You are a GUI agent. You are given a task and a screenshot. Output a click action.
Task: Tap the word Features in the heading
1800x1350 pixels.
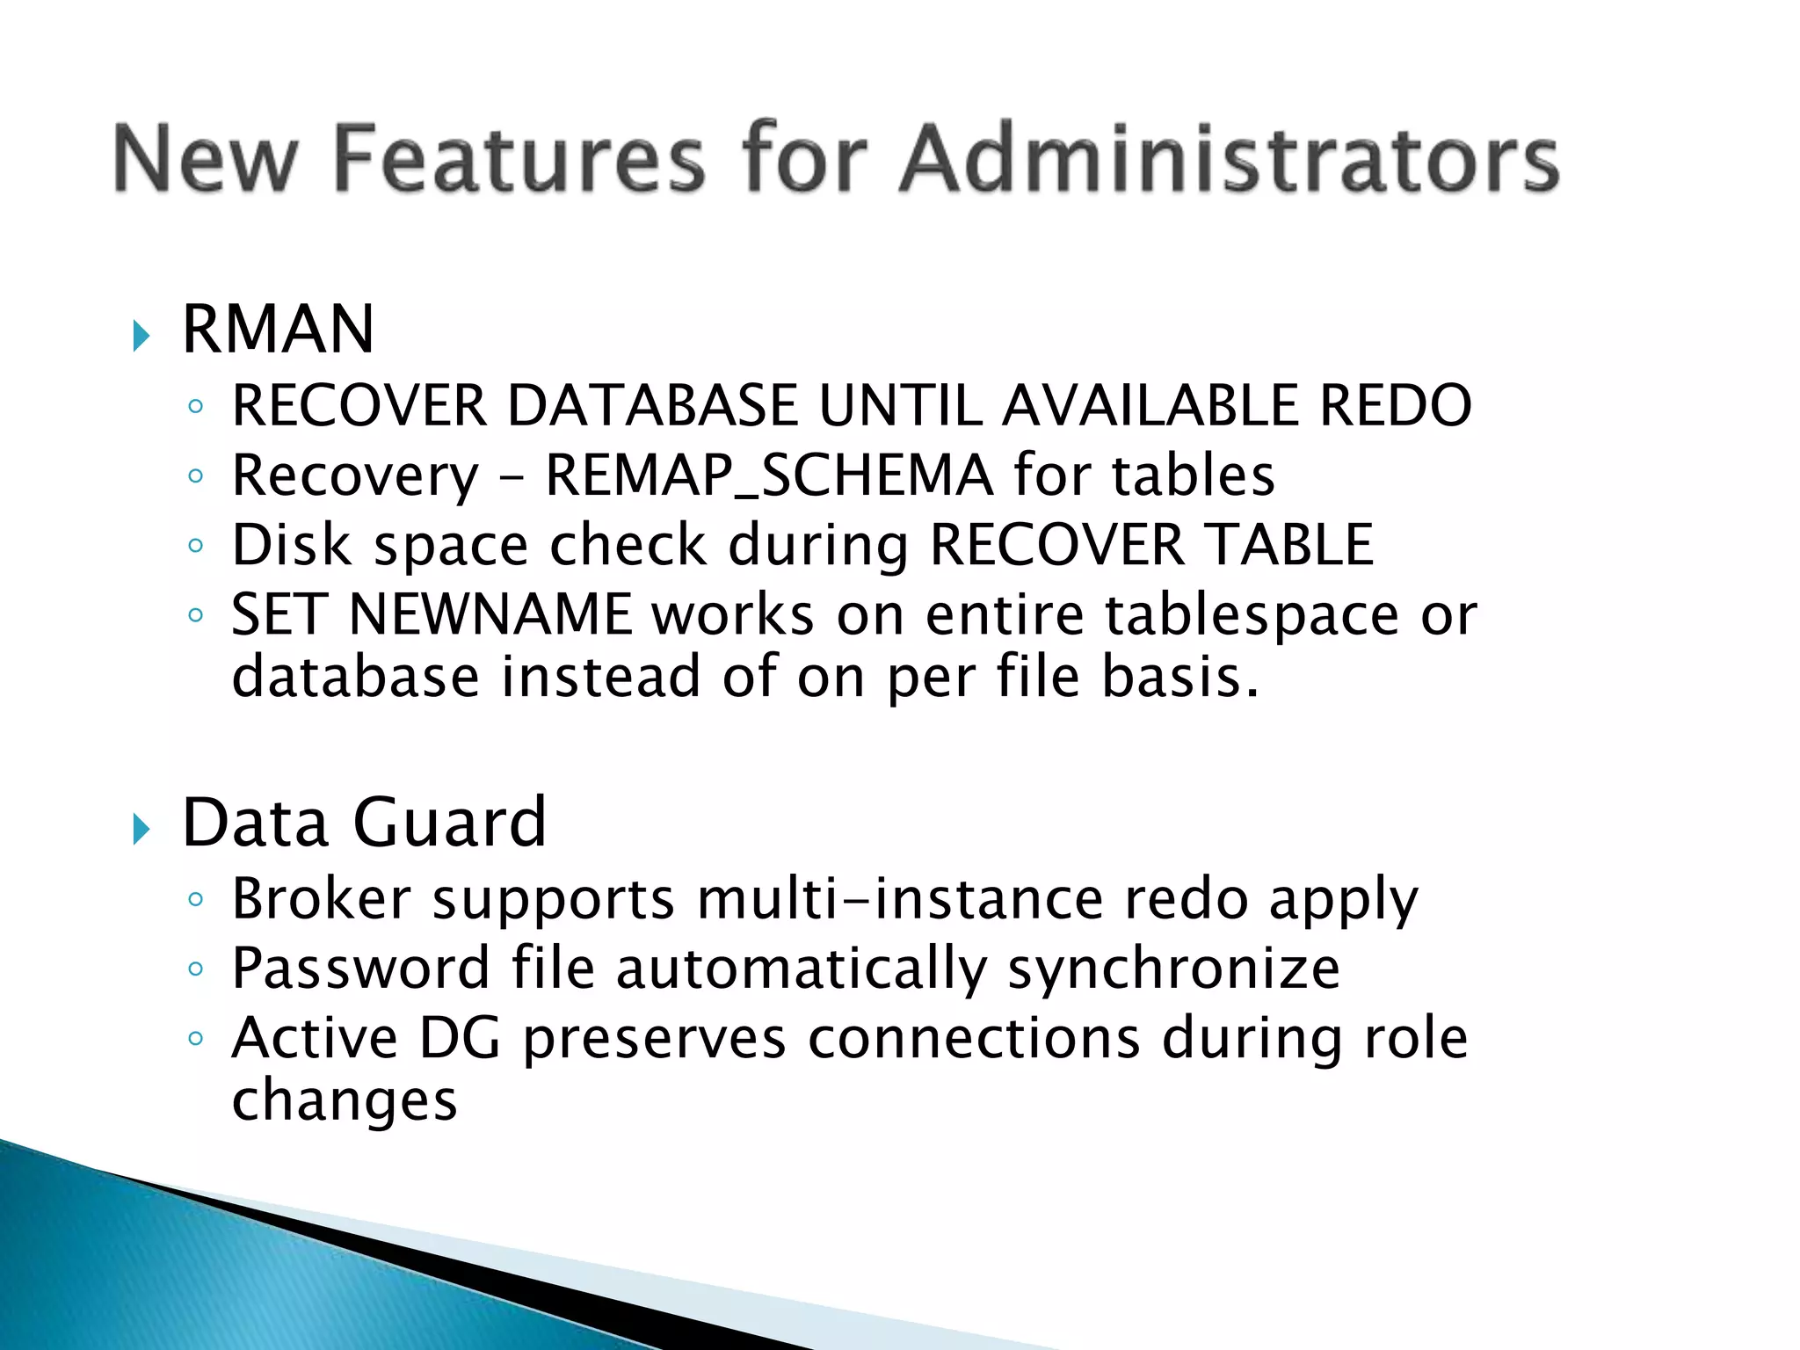pos(519,159)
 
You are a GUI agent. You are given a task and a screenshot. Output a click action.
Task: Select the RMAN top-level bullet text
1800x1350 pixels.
pos(278,330)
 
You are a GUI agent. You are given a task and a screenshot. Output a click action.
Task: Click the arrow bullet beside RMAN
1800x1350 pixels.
pos(141,336)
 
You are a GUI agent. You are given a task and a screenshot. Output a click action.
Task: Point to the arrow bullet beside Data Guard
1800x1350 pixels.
pos(141,829)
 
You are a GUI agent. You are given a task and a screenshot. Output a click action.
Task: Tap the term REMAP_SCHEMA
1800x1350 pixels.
pos(769,476)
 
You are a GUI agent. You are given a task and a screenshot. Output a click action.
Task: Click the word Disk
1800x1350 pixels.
pos(292,545)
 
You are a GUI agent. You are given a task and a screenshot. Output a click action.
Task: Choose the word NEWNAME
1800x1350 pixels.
pos(490,614)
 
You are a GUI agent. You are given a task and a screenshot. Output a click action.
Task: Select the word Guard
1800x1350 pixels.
pos(449,824)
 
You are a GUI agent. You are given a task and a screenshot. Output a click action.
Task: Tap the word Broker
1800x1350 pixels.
pos(321,899)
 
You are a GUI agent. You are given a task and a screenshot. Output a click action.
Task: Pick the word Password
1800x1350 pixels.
pos(360,969)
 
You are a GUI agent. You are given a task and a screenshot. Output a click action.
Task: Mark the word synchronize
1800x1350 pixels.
pos(1173,970)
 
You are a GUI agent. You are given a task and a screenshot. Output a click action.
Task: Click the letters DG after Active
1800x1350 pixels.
pos(460,1039)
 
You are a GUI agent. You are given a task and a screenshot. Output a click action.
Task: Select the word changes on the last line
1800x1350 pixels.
pos(344,1100)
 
